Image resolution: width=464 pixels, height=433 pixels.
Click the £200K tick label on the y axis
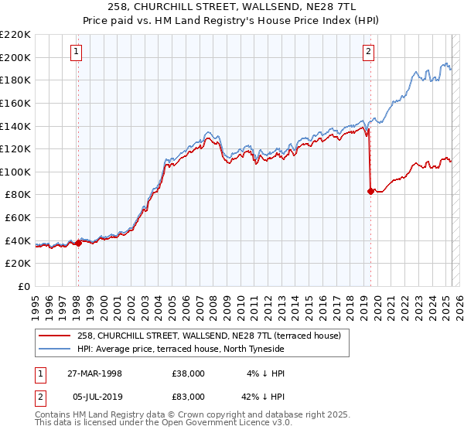[15, 57]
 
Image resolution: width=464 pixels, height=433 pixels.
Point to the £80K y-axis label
[18, 195]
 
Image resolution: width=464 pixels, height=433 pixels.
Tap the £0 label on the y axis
[25, 287]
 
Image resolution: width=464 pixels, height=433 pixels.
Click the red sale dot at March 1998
[78, 243]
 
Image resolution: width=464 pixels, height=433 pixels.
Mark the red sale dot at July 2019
[370, 191]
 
